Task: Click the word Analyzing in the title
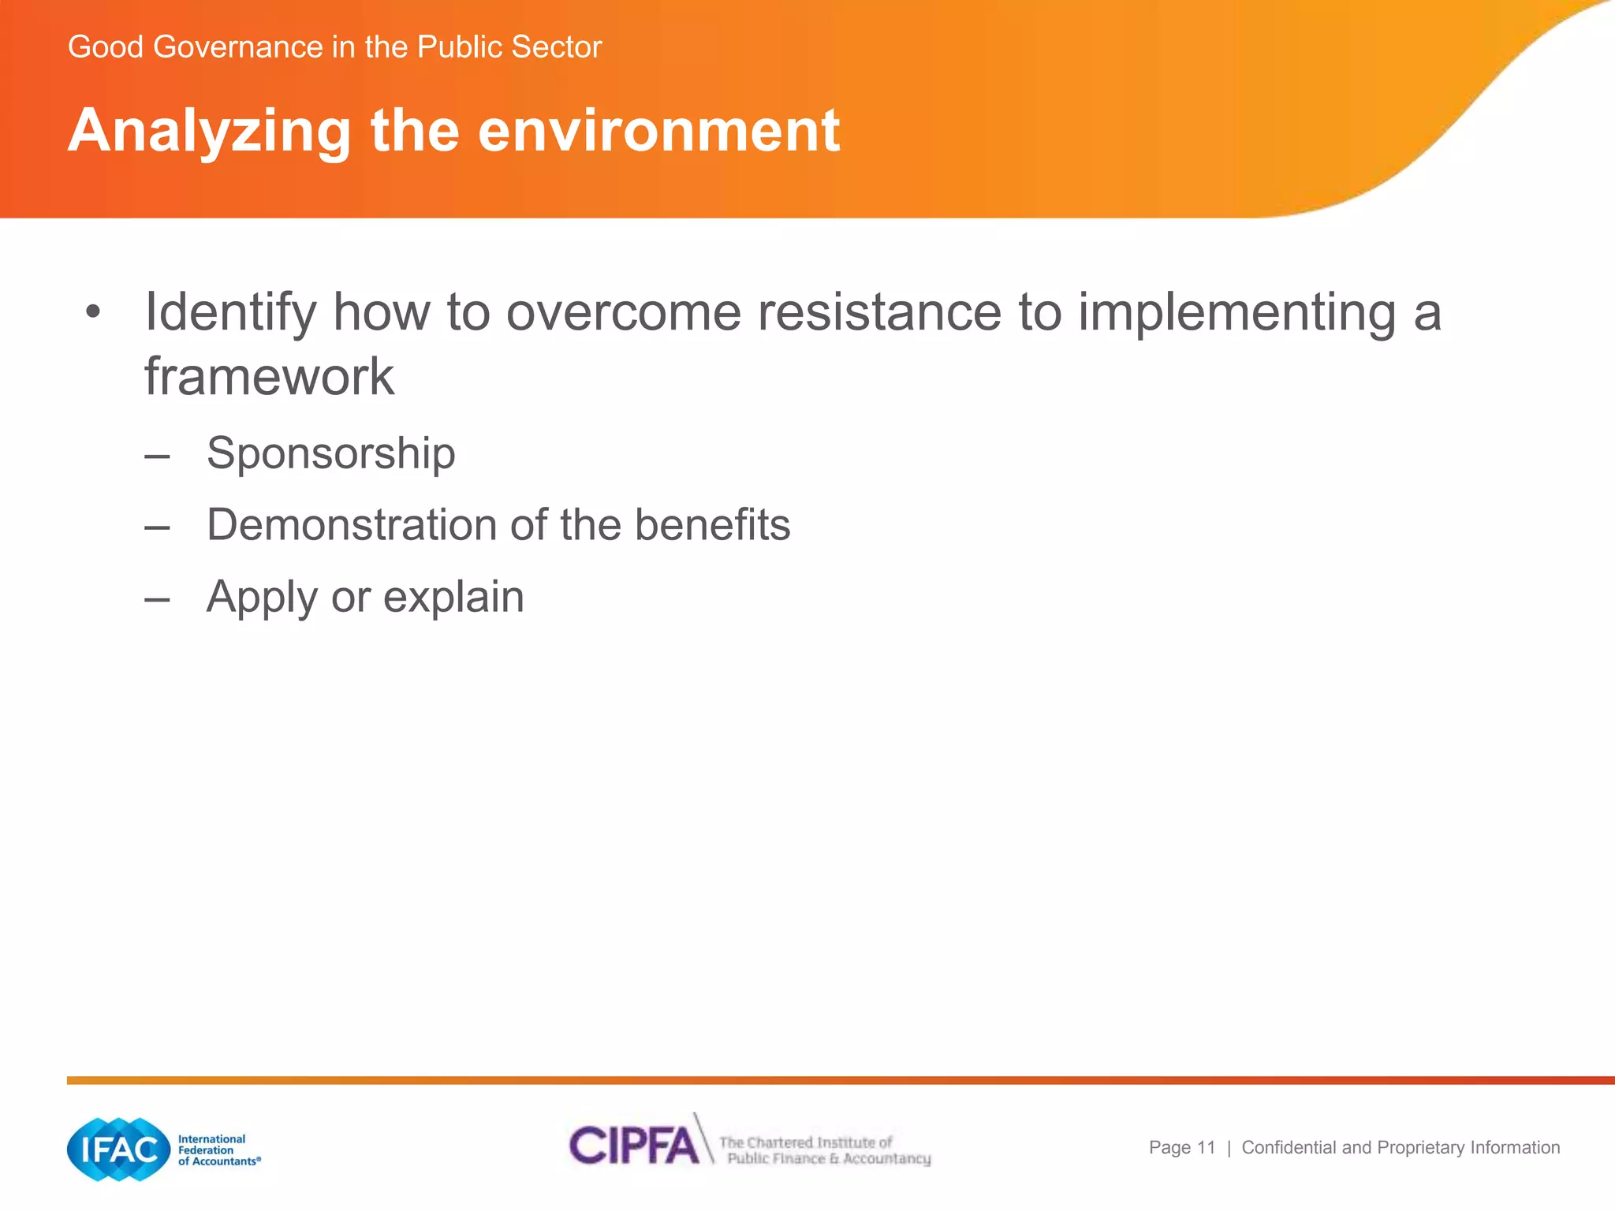pos(209,132)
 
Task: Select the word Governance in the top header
pos(237,47)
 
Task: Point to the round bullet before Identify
pos(94,312)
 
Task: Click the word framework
pos(269,377)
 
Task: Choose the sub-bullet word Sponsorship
pos(330,454)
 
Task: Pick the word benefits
pos(712,525)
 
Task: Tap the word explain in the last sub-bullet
pos(453,598)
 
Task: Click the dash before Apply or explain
pos(157,598)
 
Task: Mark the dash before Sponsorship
pos(157,455)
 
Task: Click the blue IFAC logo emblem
pos(119,1150)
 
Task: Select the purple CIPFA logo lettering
pos(634,1146)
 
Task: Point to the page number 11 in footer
pos(1206,1148)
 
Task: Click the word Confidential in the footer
pos(1289,1148)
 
